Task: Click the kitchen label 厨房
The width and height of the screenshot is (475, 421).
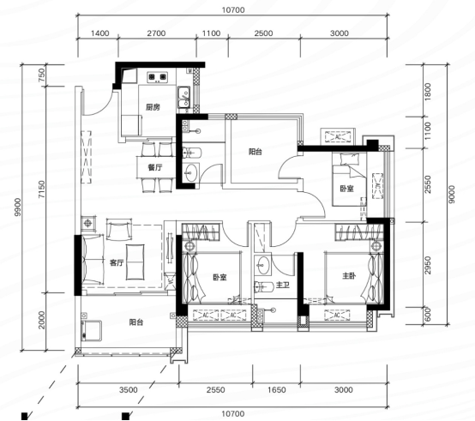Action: pos(153,107)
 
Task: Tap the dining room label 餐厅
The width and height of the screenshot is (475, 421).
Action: pos(155,167)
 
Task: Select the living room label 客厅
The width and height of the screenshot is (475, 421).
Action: pos(117,262)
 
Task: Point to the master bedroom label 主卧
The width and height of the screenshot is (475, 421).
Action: pos(349,275)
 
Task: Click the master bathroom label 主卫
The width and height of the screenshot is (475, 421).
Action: pos(283,285)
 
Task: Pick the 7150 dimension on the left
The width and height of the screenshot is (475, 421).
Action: pos(41,189)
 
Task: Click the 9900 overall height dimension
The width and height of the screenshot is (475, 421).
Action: pos(18,207)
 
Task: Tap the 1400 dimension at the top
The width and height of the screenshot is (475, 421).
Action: pos(100,33)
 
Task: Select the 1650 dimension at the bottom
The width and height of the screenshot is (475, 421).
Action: pos(277,389)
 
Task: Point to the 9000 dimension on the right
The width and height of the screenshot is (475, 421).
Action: pos(451,194)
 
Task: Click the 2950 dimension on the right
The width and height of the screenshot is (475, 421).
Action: pos(428,265)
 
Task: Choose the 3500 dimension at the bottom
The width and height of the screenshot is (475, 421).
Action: pos(129,389)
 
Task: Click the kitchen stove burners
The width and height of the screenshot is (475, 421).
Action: pos(157,77)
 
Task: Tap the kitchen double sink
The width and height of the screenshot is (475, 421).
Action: pos(183,97)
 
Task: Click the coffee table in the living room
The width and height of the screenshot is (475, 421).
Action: pos(135,262)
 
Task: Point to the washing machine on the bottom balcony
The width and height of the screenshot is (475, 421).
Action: pos(91,331)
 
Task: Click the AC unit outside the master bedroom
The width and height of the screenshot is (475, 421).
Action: pos(337,315)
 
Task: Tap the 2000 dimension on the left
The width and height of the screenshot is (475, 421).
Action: pos(41,320)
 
